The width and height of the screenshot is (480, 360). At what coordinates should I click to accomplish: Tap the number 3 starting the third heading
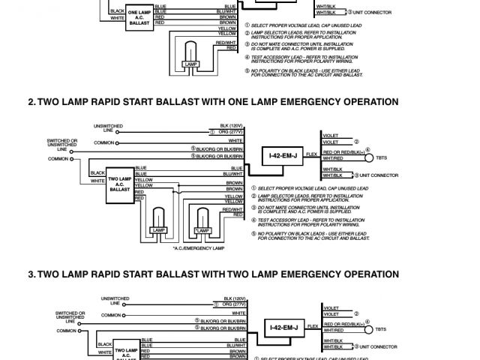click(x=31, y=274)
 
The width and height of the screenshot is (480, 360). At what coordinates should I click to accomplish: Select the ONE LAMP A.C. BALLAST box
click(x=139, y=17)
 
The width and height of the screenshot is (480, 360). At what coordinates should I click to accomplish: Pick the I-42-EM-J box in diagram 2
click(x=283, y=157)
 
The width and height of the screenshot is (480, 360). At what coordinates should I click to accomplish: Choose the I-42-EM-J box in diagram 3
click(x=283, y=328)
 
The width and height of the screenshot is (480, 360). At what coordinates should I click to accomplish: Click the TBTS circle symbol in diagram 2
click(x=368, y=159)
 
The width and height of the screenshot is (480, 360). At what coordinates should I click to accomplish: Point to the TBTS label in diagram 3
click(x=382, y=329)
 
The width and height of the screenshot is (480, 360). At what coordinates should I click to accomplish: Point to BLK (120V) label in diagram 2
click(x=230, y=125)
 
